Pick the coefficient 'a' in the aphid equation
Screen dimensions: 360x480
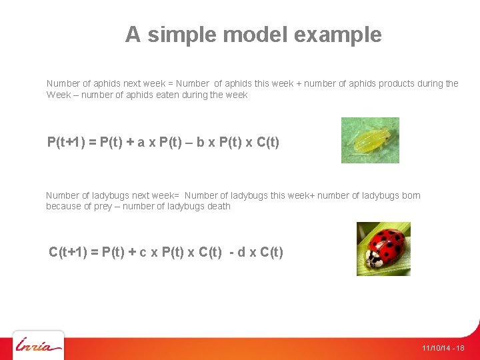click(x=141, y=142)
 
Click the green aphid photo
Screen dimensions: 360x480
click(x=370, y=140)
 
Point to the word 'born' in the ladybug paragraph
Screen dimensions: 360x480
click(x=411, y=195)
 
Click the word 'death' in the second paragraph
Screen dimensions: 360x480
click(x=218, y=206)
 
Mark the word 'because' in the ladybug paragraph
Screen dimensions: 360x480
click(x=63, y=206)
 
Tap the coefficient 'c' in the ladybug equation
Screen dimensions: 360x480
click(x=142, y=252)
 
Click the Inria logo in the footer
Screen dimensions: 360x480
click(x=39, y=346)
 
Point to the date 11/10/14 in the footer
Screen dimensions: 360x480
click(x=435, y=348)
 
